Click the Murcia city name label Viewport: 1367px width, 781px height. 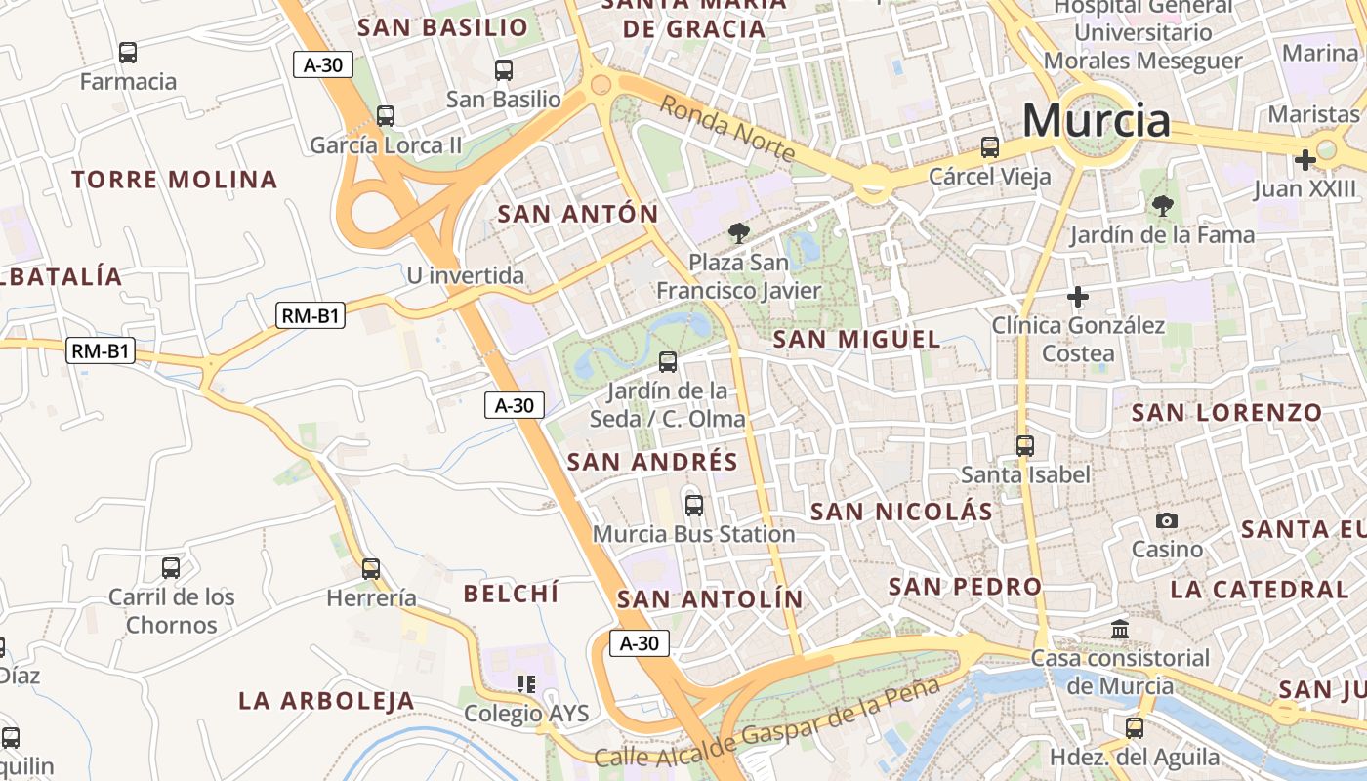(x=1096, y=121)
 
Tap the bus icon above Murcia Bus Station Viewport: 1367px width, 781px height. (x=694, y=506)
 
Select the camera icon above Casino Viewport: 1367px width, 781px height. (x=1167, y=520)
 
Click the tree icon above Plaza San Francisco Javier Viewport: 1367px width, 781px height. (x=739, y=232)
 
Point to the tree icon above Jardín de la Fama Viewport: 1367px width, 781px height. (x=1162, y=205)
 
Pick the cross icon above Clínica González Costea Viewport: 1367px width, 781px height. (x=1078, y=296)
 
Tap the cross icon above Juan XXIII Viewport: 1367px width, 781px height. (x=1305, y=159)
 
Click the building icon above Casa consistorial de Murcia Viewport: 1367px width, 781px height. (x=1120, y=630)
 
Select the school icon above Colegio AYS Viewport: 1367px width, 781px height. (x=526, y=684)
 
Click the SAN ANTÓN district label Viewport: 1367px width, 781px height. (x=578, y=214)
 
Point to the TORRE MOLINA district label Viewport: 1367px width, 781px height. (x=175, y=180)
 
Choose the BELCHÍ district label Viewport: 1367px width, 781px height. (x=511, y=593)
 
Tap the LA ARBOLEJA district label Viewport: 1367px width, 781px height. (x=327, y=701)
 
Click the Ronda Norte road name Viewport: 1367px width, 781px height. (x=727, y=128)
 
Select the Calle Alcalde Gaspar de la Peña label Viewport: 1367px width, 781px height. (x=766, y=723)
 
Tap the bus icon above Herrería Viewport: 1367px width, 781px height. (x=371, y=569)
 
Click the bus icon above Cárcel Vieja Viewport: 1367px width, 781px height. (x=990, y=147)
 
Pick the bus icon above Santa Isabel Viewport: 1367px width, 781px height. (x=1025, y=446)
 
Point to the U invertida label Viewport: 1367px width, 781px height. (x=466, y=275)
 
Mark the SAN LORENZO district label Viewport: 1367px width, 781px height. (x=1226, y=412)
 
